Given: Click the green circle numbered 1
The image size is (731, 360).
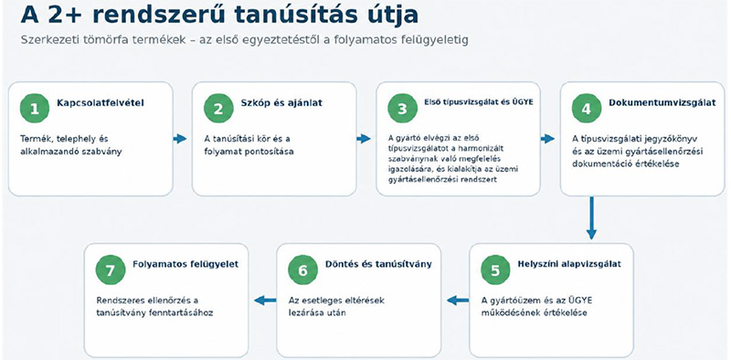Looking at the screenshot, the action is click(x=35, y=109).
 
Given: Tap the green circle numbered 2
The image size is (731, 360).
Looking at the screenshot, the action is click(x=218, y=109).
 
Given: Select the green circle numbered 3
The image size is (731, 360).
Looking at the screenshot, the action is click(x=402, y=109).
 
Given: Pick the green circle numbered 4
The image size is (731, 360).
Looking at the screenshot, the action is click(x=587, y=109).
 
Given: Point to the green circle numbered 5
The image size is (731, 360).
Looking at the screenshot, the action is click(x=495, y=270).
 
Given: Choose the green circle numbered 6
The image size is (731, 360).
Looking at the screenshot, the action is click(x=303, y=270).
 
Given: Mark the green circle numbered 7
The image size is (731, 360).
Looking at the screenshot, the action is click(x=111, y=270).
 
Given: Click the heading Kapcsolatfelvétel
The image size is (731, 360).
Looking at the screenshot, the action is click(x=101, y=103).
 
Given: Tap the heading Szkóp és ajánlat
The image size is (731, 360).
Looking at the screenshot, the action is click(x=281, y=103).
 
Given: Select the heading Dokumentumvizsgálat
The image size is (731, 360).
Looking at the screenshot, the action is click(x=662, y=103).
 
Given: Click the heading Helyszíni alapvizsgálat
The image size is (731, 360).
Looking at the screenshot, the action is click(x=569, y=264).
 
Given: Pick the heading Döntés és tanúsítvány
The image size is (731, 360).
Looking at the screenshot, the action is click(x=378, y=264).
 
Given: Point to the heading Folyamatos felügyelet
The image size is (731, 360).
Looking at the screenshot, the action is click(x=185, y=264).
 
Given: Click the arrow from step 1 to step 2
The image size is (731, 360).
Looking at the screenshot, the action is click(x=180, y=139).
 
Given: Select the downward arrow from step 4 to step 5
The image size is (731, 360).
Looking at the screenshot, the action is click(x=591, y=217).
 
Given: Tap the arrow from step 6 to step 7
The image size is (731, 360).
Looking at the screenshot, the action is click(x=265, y=301).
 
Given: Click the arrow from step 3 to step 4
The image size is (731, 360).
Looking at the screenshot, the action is click(x=547, y=139).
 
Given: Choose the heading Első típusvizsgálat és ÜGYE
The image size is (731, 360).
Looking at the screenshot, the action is click(x=479, y=102).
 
